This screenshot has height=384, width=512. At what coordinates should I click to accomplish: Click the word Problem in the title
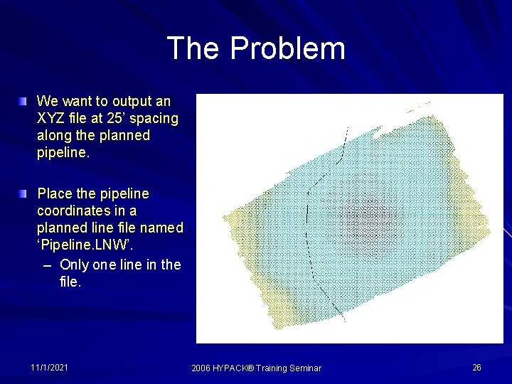coord(287,49)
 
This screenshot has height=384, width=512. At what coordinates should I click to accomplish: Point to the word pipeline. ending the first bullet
coord(64,153)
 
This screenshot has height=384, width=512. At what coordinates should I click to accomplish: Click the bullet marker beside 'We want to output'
coord(26,101)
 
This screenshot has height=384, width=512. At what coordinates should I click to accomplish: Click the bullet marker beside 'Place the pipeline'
coord(26,193)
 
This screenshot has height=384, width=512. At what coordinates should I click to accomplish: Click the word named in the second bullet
coord(164,228)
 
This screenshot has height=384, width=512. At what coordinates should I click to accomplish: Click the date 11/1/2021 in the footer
coord(50,367)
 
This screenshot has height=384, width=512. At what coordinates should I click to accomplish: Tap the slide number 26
coord(476,367)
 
